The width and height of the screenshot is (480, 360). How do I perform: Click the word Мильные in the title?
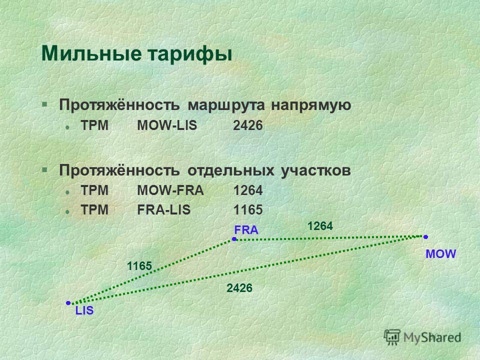91,53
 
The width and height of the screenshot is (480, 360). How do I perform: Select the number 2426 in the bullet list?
248,125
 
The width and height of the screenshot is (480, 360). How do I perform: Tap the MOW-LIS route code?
167,125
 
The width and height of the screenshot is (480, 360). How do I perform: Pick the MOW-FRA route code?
170,190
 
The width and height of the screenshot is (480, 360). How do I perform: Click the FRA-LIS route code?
164,210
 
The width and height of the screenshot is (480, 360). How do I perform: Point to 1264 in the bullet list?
248,190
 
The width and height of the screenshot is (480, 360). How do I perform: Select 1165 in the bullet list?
248,210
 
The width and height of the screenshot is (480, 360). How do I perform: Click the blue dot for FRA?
234,239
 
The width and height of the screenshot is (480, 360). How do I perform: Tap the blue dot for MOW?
425,236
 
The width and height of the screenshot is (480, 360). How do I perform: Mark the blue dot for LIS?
68,303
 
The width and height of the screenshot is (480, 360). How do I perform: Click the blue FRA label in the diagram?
246,230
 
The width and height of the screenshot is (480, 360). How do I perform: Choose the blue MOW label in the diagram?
441,254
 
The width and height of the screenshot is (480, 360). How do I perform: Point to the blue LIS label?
84,310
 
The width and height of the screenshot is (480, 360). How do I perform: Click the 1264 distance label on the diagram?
320,226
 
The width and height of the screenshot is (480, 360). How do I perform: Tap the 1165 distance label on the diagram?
139,266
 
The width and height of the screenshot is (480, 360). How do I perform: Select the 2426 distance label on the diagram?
239,288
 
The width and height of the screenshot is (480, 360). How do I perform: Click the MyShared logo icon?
392,337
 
